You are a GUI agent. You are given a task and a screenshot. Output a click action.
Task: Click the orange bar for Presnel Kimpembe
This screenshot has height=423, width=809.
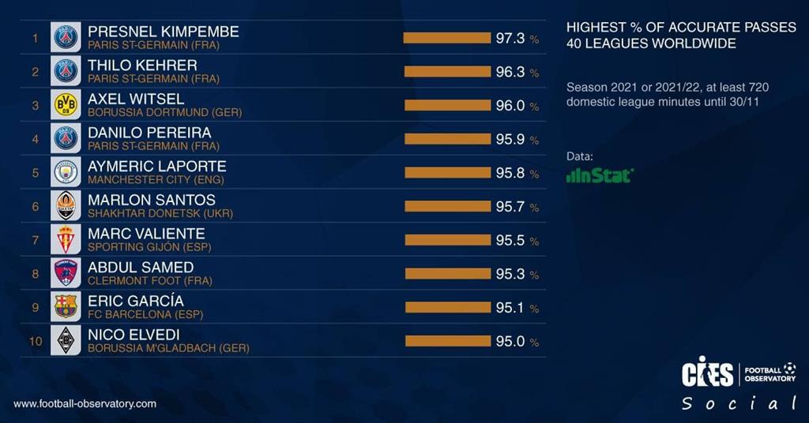(447, 38)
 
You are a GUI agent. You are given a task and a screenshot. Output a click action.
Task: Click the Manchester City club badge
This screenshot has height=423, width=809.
(66, 172)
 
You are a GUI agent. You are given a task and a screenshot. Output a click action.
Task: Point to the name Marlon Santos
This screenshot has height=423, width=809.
(152, 200)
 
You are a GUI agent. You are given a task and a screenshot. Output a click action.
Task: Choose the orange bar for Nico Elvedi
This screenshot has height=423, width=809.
(448, 341)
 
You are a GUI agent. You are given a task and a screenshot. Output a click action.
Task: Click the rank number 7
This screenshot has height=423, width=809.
(35, 240)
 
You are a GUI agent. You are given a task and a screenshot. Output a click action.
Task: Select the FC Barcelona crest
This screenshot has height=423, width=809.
(66, 306)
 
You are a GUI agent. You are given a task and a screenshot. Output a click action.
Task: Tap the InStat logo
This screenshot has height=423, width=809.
(600, 176)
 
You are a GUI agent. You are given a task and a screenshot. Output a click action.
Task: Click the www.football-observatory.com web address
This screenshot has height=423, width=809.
(85, 403)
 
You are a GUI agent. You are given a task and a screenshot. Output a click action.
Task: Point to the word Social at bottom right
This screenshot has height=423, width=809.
(739, 404)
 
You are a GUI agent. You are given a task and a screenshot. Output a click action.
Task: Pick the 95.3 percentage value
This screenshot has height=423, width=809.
(510, 274)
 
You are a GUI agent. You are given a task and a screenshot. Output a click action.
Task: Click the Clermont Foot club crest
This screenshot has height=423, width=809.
(66, 273)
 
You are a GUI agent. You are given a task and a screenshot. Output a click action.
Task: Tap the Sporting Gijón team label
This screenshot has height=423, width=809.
(149, 247)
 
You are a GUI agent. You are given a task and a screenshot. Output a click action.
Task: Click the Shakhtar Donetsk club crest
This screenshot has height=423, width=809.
(66, 206)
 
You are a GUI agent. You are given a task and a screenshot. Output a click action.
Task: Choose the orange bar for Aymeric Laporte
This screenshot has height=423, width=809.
(447, 173)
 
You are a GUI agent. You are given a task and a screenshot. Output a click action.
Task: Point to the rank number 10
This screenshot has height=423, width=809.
(35, 341)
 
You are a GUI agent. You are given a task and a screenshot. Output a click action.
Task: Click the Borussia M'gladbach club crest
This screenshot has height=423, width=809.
(66, 340)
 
